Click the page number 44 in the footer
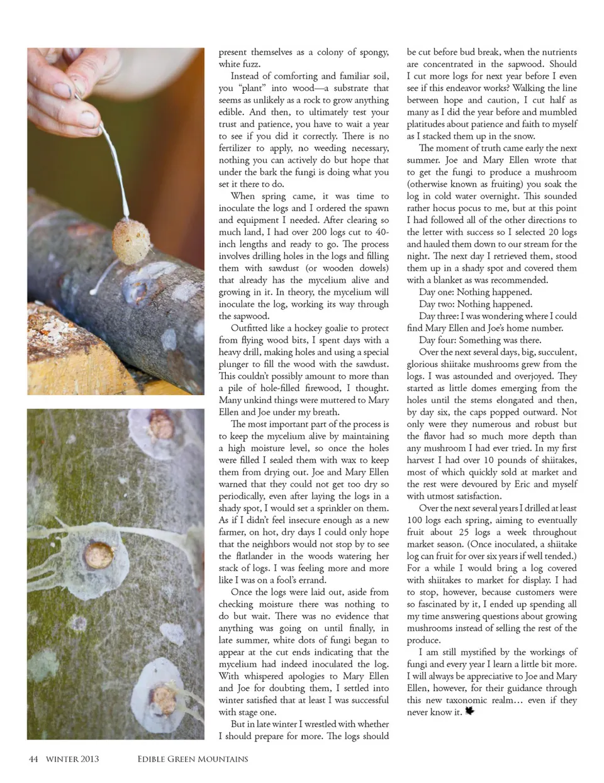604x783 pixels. pos(33,759)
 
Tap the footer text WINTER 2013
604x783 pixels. pos(72,759)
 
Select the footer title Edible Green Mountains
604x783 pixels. pos(193,759)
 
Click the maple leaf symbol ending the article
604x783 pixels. pos(469,712)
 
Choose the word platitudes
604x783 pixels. pos(429,125)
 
